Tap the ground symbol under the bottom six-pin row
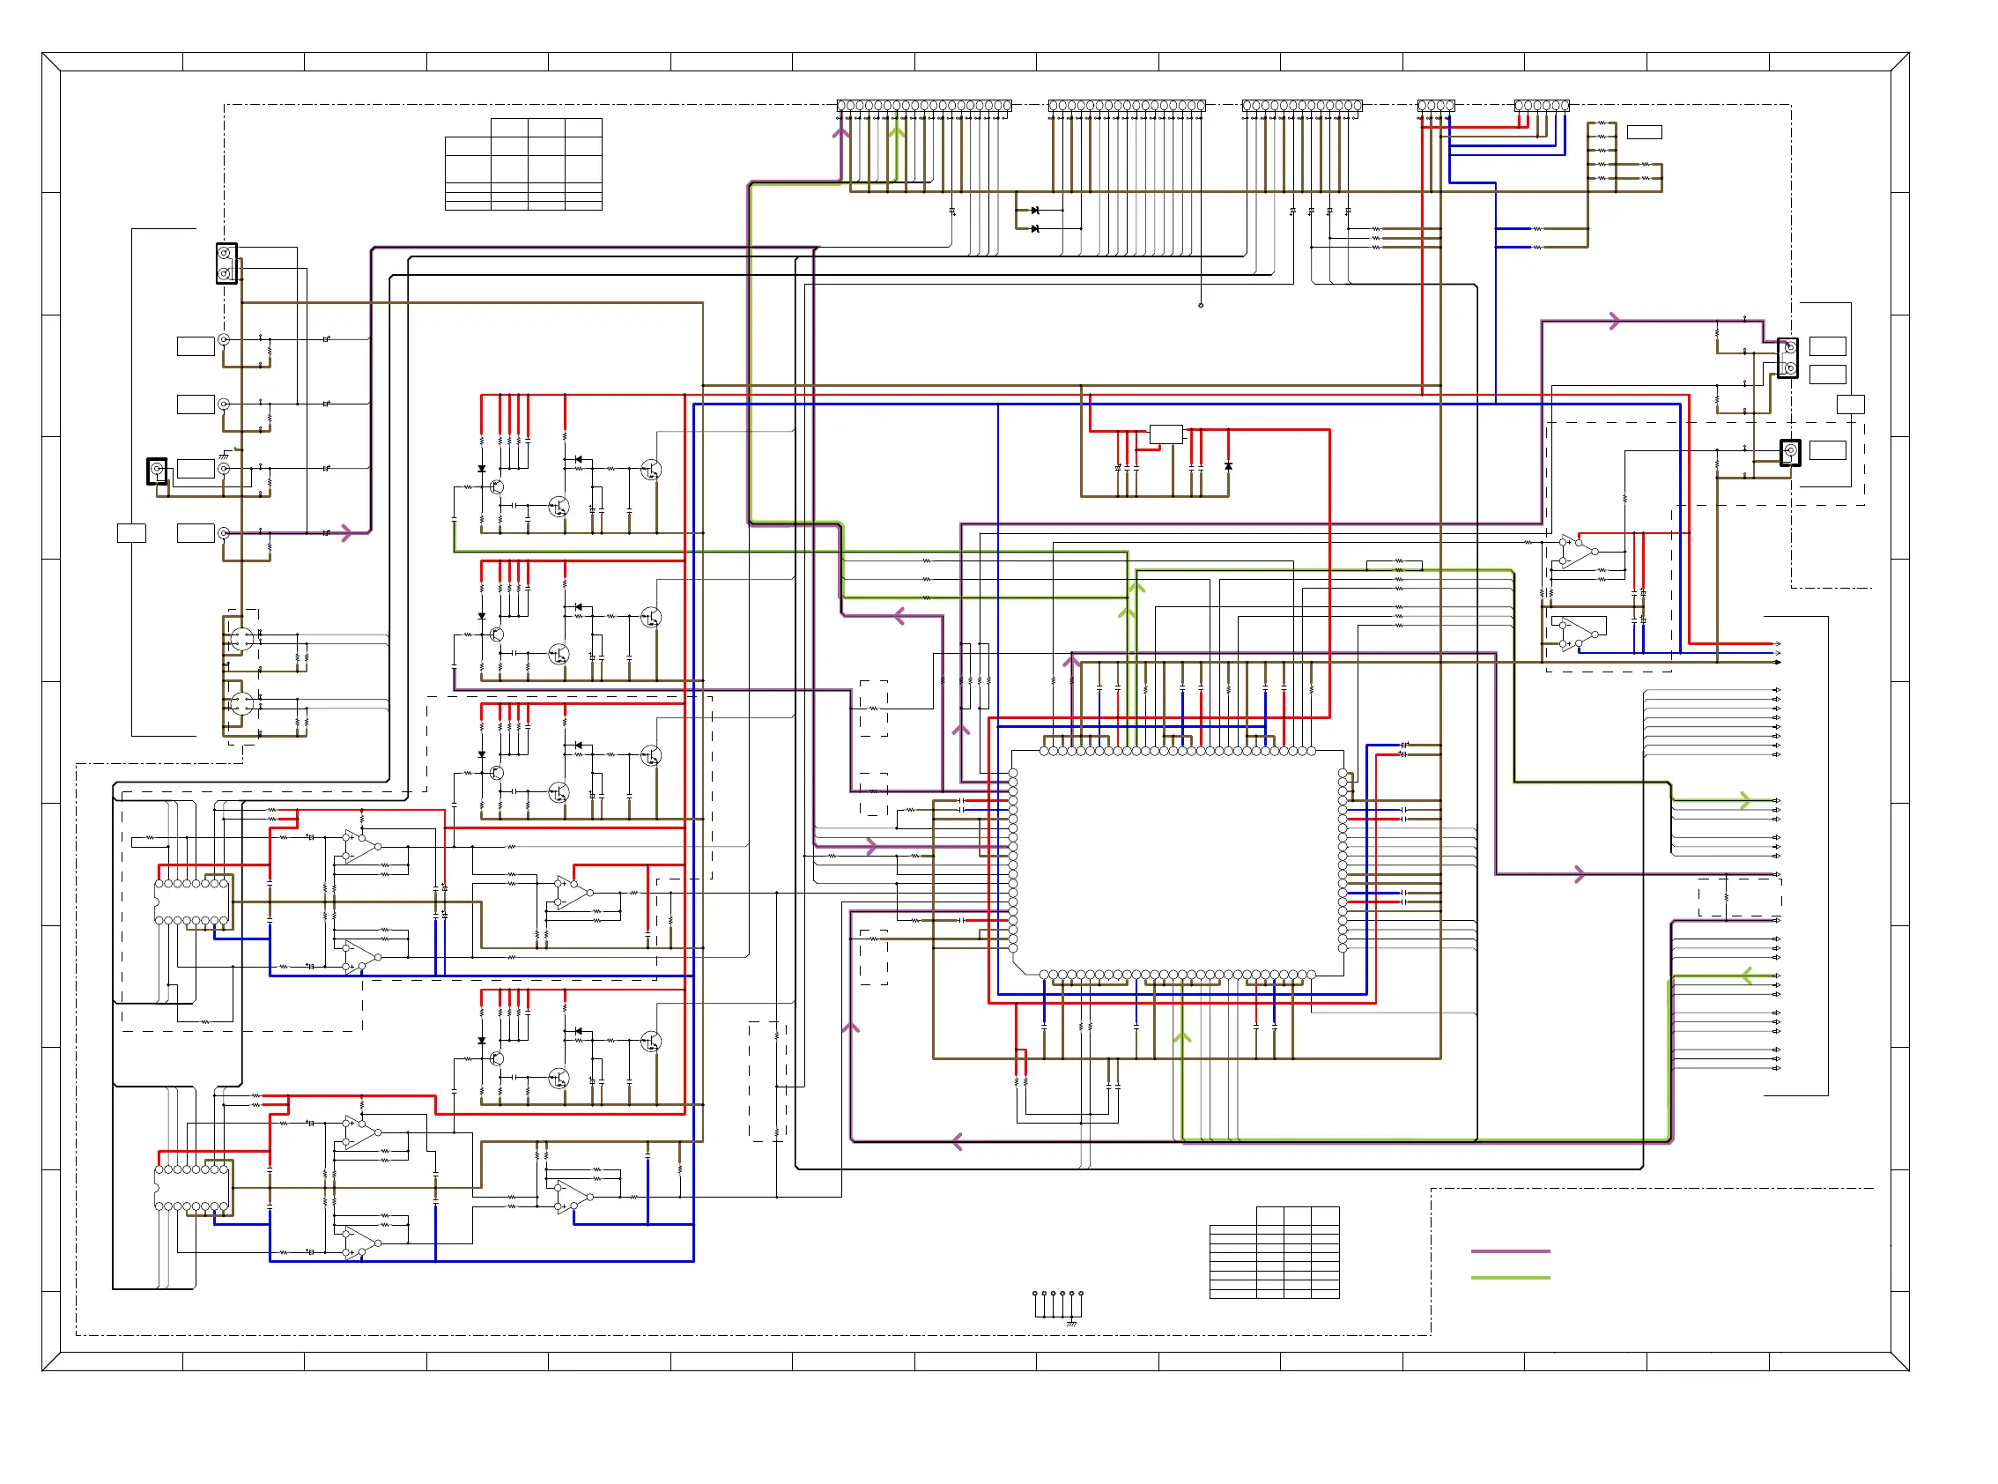(x=1070, y=1324)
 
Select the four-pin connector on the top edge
(x=1435, y=105)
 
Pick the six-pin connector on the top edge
(x=1541, y=105)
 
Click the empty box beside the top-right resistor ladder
(x=1643, y=132)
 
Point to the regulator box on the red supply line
(x=1165, y=434)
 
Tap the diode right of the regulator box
(x=1227, y=466)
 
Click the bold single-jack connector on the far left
(x=156, y=470)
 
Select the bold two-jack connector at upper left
(x=226, y=263)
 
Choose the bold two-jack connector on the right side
(x=1787, y=358)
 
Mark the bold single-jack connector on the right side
(x=1790, y=452)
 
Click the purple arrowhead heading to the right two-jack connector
(x=1615, y=321)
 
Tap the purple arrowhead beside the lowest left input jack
(x=346, y=534)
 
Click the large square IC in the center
(x=1177, y=863)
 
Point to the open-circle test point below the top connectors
(x=1201, y=306)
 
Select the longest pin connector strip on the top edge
(x=924, y=105)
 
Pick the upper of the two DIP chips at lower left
(x=192, y=902)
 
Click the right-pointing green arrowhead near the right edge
(x=1745, y=799)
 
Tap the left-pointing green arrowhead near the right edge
(x=1747, y=976)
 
